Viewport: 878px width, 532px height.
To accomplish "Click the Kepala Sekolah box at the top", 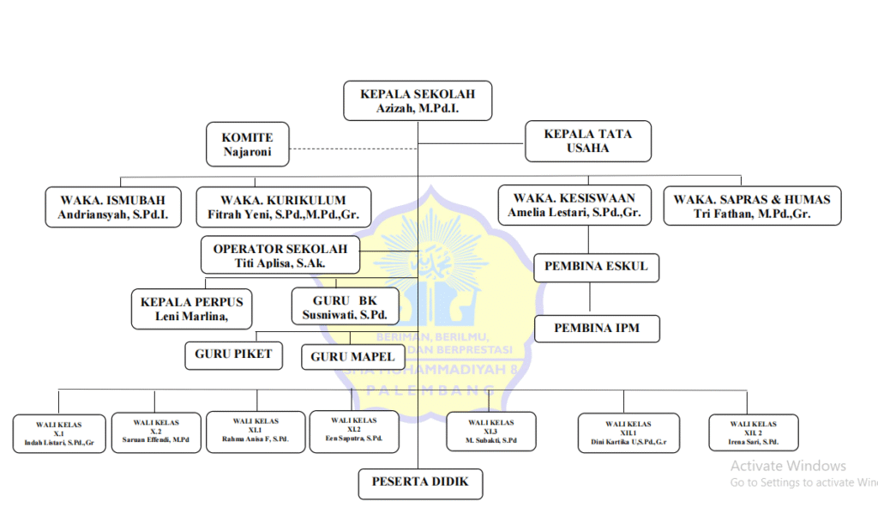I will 418,101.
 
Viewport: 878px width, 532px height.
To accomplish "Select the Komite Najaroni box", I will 247,144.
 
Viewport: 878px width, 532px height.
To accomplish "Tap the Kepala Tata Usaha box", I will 587,142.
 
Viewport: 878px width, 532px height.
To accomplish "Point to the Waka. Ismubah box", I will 113,207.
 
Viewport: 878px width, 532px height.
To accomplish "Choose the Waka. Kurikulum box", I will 283,207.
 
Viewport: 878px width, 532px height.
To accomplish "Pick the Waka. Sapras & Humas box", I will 752,206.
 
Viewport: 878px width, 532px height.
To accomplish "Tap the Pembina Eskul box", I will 596,267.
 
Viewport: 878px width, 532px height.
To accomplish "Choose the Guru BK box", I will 346,308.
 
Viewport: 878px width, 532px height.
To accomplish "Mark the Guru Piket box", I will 233,354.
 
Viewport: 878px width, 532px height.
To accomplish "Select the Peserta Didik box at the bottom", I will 420,482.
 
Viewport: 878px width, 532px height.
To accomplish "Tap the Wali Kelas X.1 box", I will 59,433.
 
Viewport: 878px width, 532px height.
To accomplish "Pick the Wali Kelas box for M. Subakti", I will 491,432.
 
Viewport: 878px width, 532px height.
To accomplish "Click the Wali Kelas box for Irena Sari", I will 754,432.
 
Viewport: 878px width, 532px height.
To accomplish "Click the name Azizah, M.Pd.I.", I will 418,109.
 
